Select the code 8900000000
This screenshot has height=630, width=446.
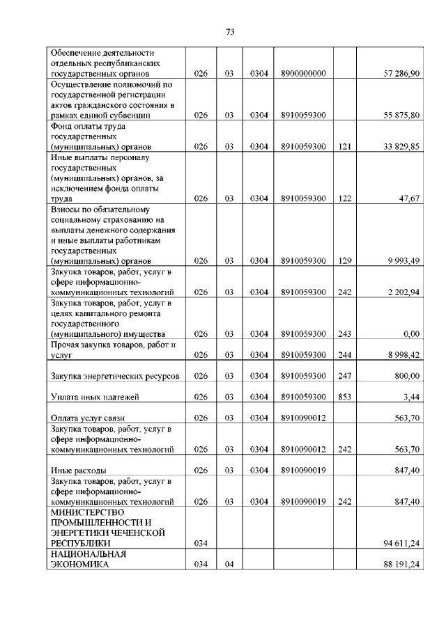[x=303, y=74]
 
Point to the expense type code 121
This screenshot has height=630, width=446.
[x=344, y=147]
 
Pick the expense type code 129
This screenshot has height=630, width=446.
[x=344, y=261]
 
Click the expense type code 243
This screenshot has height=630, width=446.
[x=344, y=334]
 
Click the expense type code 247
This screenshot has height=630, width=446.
[x=344, y=376]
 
